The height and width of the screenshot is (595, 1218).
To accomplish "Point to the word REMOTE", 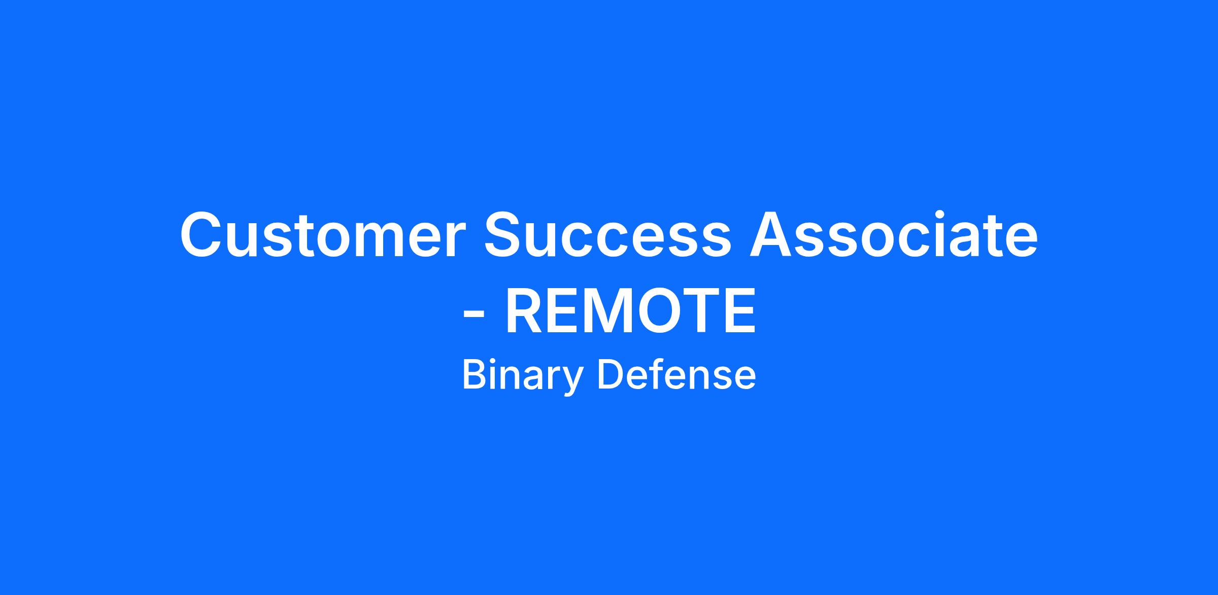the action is (x=630, y=310).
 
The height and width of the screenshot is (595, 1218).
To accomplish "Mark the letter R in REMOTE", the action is (x=525, y=310).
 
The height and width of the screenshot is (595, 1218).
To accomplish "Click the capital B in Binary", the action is (x=475, y=374).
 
